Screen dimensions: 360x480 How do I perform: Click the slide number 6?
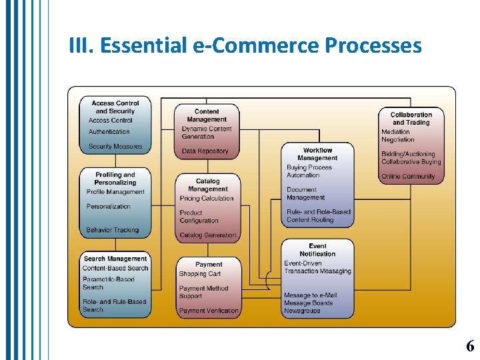pyautogui.click(x=470, y=346)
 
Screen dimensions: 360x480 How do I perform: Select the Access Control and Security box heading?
pyautogui.click(x=115, y=107)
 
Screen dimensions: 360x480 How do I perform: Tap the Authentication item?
pyautogui.click(x=109, y=132)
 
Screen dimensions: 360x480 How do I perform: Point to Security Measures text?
pyautogui.click(x=115, y=147)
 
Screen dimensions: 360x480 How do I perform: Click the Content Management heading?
pyautogui.click(x=207, y=115)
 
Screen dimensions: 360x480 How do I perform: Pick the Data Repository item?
pyautogui.click(x=205, y=151)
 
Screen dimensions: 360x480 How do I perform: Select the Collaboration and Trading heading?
pyautogui.click(x=411, y=119)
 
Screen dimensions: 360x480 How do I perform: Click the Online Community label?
pyautogui.click(x=408, y=177)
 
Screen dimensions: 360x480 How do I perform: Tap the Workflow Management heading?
pyautogui.click(x=317, y=154)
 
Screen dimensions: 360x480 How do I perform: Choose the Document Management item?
pyautogui.click(x=305, y=193)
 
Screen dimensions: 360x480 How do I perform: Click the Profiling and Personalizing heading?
pyautogui.click(x=115, y=179)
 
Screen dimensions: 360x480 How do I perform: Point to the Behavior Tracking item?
pyautogui.click(x=113, y=231)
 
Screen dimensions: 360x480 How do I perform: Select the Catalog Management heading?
pyautogui.click(x=207, y=185)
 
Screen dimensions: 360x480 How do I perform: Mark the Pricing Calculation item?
pyautogui.click(x=207, y=199)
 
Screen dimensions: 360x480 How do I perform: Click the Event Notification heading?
pyautogui.click(x=317, y=250)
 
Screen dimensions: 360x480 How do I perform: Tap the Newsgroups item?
pyautogui.click(x=302, y=311)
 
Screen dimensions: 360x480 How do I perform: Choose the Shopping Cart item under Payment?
pyautogui.click(x=199, y=274)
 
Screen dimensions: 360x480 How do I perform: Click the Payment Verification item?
pyautogui.click(x=208, y=311)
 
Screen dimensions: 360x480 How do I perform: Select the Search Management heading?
pyautogui.click(x=115, y=259)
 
